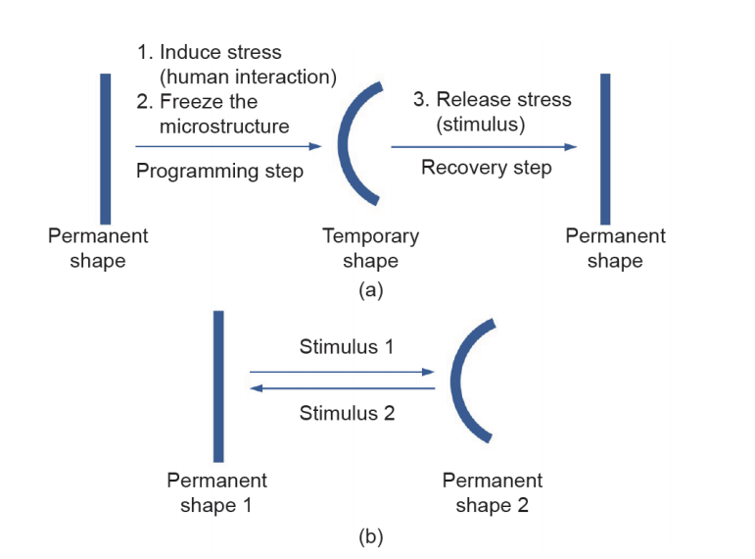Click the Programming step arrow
[x=228, y=146]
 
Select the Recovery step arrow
[x=484, y=147]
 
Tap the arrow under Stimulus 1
[x=343, y=372]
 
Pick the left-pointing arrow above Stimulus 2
[x=343, y=388]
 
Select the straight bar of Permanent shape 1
[x=218, y=386]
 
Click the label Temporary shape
[x=371, y=248]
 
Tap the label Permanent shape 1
[x=216, y=493]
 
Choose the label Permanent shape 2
[x=493, y=493]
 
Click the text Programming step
[x=219, y=172]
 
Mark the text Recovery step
[x=487, y=168]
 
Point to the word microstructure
[x=224, y=127]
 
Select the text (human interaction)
[x=248, y=77]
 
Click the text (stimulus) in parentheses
[x=481, y=125]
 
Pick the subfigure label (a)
[x=371, y=290]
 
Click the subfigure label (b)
[x=371, y=536]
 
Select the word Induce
[x=190, y=52]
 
